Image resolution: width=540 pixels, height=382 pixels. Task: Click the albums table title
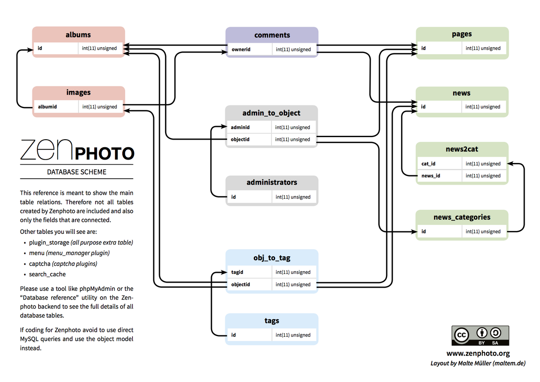79,35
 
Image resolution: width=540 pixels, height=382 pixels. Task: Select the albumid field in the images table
47,107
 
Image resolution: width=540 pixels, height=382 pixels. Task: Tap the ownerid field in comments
241,49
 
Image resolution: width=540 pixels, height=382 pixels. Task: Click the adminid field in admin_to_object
240,127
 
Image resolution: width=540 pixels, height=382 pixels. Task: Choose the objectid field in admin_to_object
240,139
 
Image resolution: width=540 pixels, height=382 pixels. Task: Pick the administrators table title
272,183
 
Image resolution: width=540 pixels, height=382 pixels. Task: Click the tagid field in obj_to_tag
237,272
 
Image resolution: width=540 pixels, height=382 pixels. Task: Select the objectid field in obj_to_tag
240,284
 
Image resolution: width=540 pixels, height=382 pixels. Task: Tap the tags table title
272,320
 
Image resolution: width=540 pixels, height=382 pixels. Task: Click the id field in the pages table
424,48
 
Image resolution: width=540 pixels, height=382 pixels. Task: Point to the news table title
461,93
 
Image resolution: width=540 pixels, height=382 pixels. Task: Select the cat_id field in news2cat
428,163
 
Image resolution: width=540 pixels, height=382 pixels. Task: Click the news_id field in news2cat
430,176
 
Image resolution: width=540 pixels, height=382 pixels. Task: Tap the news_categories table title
462,217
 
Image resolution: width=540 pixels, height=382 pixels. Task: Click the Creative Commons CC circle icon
461,335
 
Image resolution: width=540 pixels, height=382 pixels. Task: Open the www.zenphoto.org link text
478,353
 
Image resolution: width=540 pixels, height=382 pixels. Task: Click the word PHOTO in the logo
104,153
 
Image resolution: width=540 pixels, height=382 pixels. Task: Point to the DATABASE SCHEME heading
77,172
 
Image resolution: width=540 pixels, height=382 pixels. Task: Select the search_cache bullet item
47,274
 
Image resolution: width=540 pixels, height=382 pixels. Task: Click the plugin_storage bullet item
49,243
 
